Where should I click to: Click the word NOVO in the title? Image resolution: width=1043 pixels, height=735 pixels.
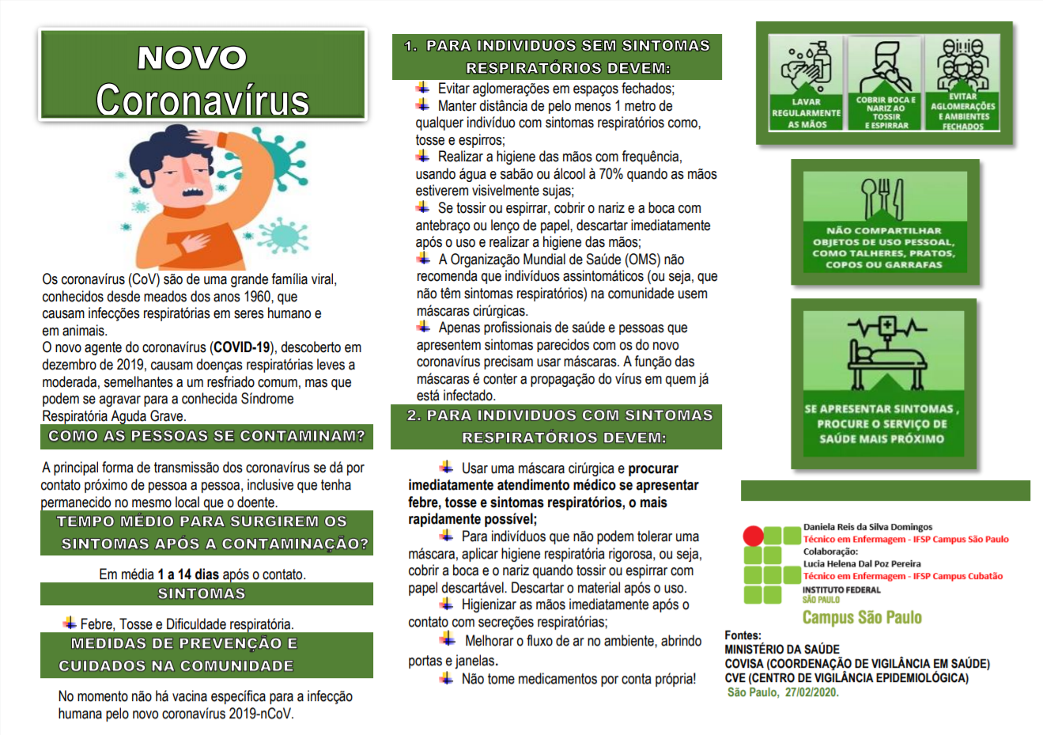[192, 58]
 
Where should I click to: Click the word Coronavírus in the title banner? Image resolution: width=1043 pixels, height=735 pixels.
[202, 100]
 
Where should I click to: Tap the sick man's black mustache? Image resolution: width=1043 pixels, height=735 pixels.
[192, 191]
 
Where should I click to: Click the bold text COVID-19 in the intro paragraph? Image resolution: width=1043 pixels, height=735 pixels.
[242, 347]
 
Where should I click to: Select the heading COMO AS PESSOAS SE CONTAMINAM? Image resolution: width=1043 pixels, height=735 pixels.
[206, 436]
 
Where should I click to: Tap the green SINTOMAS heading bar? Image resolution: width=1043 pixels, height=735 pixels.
[206, 594]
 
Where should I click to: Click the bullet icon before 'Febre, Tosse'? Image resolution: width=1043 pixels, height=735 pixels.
[70, 623]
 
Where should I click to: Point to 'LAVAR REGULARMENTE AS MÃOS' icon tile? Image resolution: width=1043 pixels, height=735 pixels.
[807, 83]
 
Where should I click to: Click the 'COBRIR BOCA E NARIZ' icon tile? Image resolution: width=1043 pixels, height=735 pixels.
[886, 83]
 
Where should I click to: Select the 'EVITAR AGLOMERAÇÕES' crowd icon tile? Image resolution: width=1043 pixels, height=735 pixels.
[962, 83]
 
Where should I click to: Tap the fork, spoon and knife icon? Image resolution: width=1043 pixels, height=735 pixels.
[882, 199]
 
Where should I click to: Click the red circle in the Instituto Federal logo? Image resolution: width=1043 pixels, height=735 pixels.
[753, 536]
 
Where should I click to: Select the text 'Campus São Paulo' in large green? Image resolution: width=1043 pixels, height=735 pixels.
[862, 617]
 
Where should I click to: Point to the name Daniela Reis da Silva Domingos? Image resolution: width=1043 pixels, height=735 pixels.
[867, 527]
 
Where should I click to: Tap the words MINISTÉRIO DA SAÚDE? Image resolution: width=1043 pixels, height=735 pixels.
[771, 650]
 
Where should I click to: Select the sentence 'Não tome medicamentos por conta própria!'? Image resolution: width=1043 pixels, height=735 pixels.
[579, 679]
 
